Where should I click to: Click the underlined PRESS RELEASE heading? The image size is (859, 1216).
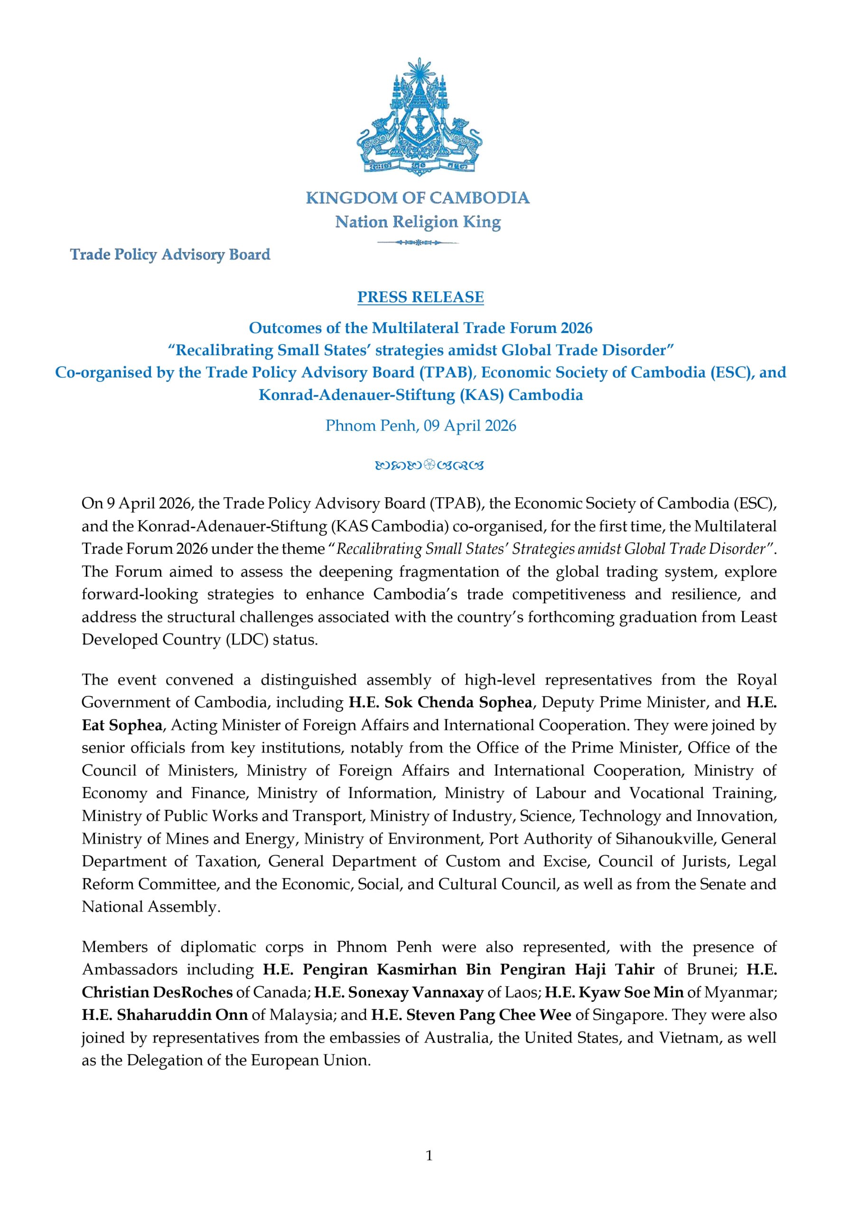pos(420,297)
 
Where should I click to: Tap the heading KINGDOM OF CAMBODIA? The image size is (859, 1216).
pos(418,198)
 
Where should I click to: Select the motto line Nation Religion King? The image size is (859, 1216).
pos(418,221)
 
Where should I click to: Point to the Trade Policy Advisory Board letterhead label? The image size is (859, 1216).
pos(170,255)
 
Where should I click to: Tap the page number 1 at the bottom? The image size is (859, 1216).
pos(429,1155)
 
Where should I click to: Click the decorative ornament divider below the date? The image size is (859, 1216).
pos(429,466)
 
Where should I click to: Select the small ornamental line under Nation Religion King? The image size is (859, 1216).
pos(418,243)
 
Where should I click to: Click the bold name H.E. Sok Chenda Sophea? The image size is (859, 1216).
pos(440,702)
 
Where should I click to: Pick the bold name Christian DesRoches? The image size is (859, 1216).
pos(157,992)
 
